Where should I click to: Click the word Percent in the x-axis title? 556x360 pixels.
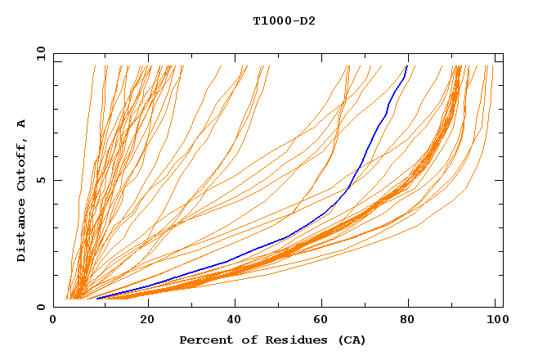[203, 340]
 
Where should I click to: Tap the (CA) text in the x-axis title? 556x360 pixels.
[349, 340]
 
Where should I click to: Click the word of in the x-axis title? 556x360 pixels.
[243, 340]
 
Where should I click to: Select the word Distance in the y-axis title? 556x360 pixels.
[22, 232]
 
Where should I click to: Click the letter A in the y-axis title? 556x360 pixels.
[22, 123]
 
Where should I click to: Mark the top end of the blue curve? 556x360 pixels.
[407, 65]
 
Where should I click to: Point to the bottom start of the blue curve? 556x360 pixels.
[96, 298]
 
